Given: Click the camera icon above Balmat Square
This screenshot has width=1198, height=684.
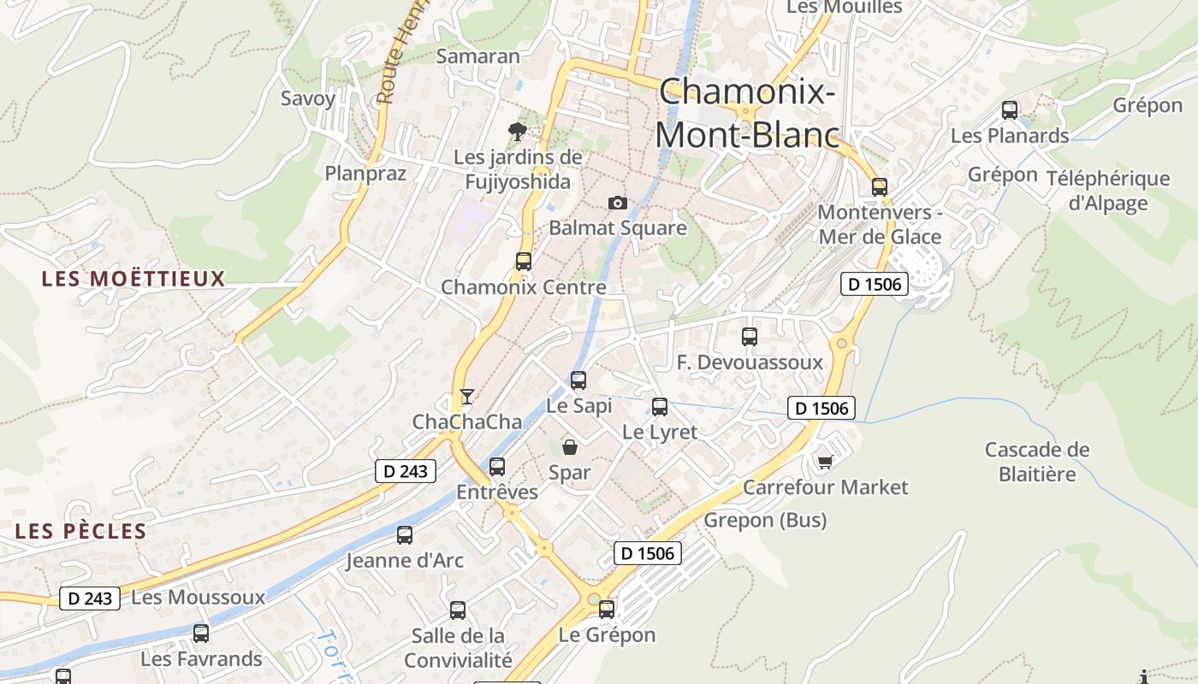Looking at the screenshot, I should point(617,203).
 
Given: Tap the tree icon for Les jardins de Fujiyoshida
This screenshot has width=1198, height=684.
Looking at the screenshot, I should point(517,131).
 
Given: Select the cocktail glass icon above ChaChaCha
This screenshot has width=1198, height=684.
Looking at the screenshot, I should point(466,396).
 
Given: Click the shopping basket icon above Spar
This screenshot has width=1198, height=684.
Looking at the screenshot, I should point(569,446).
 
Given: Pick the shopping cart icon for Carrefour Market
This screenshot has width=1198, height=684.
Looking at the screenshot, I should point(825,462).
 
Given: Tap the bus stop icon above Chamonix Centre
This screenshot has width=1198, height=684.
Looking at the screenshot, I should point(523,262).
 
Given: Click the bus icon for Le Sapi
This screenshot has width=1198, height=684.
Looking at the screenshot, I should point(578,380).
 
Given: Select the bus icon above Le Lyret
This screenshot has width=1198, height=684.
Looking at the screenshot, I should point(659,407).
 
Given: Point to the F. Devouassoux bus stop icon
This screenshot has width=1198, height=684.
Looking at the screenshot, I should point(750,337).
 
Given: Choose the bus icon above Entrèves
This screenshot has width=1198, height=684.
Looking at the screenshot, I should point(496,467).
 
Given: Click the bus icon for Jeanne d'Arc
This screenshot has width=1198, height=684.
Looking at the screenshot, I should point(405,535).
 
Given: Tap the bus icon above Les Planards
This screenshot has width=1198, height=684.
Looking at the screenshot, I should point(1010,110).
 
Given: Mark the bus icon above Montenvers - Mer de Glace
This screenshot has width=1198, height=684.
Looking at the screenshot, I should point(880,187).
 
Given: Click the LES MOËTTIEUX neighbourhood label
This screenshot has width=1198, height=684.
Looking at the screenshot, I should point(133,279).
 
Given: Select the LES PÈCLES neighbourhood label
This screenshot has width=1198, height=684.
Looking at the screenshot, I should point(81,531).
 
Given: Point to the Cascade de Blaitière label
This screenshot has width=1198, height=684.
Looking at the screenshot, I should point(1036,462).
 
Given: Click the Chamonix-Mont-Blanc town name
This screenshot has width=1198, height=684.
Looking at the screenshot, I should point(747,113).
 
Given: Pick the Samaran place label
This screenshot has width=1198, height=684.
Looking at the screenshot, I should point(477,56).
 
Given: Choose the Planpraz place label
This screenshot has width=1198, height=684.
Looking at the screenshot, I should point(365,173).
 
